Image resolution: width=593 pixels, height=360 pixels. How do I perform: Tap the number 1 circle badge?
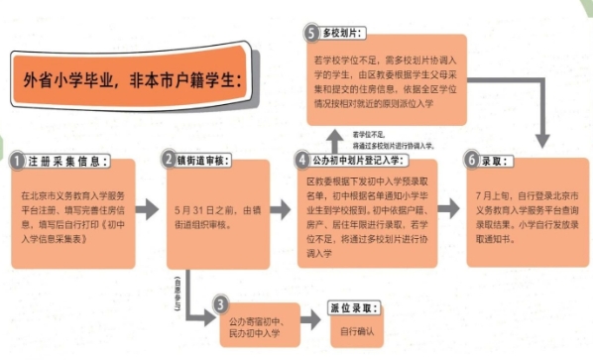tap(17, 160)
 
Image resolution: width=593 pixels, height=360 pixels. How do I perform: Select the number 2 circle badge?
tap(170, 160)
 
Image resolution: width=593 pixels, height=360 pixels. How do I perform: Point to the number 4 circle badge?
tap(303, 159)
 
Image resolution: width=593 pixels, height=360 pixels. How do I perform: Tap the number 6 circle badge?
tap(473, 160)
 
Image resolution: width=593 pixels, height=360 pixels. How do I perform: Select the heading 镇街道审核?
tap(207, 160)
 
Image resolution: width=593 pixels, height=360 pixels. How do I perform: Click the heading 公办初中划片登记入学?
tap(360, 160)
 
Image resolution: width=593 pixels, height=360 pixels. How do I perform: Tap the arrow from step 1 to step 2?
tap(147, 209)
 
